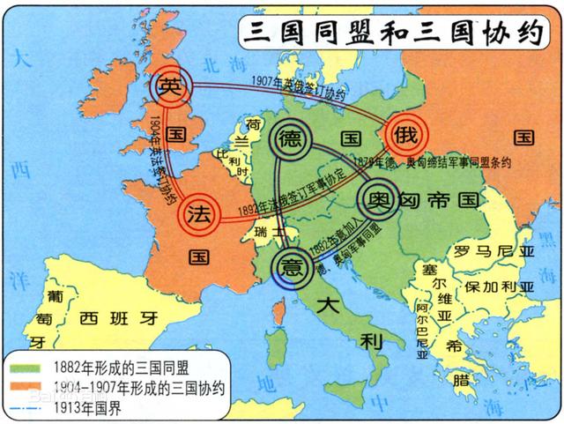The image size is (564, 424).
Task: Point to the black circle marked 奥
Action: [x=378, y=197]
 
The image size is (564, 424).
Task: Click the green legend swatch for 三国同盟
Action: [x=30, y=368]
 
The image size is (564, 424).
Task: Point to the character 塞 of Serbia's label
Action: [x=430, y=243]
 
